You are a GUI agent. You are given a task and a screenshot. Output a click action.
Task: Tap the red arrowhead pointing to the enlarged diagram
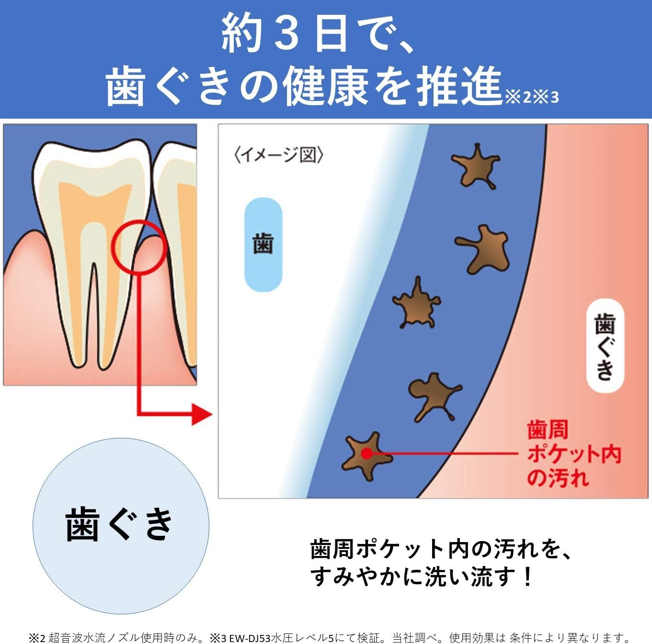coord(202,413)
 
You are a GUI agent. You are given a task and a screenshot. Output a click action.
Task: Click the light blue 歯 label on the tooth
coord(263,244)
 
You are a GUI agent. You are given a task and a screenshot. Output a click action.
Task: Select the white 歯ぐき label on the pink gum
coord(605,345)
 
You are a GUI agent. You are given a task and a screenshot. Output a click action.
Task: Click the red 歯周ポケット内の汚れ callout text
coord(573,453)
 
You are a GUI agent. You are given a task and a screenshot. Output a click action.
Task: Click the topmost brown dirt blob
coord(476,167)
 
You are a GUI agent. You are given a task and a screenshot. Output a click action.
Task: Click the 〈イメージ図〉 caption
coord(278,155)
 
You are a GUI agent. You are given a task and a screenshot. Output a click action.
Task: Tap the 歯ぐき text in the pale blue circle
coord(119,524)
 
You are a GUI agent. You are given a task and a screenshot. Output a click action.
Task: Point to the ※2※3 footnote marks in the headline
coord(532,97)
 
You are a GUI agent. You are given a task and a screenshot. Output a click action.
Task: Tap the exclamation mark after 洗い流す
coord(527,577)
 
